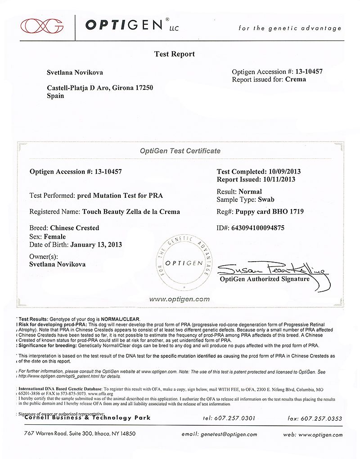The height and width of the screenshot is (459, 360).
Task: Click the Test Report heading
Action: [x=175, y=54]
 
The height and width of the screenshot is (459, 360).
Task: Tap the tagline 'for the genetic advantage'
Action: [x=290, y=28]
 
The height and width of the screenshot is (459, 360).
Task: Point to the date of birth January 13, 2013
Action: [x=95, y=245]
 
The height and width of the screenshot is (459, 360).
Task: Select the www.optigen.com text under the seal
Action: [x=179, y=299]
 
